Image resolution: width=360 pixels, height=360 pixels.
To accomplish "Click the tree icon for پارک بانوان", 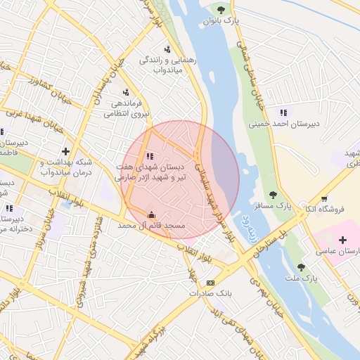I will click(x=221, y=9).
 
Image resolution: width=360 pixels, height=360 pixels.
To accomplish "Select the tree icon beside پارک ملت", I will click(x=302, y=267).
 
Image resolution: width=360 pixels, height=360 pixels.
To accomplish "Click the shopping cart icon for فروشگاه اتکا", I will click(x=323, y=199).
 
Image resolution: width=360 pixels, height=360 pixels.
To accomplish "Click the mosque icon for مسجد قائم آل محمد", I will click(x=150, y=215).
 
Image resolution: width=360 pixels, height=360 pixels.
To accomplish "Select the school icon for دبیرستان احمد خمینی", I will click(x=283, y=112).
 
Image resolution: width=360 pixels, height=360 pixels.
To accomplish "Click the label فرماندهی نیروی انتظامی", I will click(x=126, y=107).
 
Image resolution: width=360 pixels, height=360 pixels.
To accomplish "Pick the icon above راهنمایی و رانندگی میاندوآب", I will click(x=167, y=49).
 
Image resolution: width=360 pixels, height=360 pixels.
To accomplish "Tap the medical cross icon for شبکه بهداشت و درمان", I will click(x=66, y=151).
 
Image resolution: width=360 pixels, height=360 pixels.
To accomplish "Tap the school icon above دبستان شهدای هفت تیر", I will click(x=149, y=156).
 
